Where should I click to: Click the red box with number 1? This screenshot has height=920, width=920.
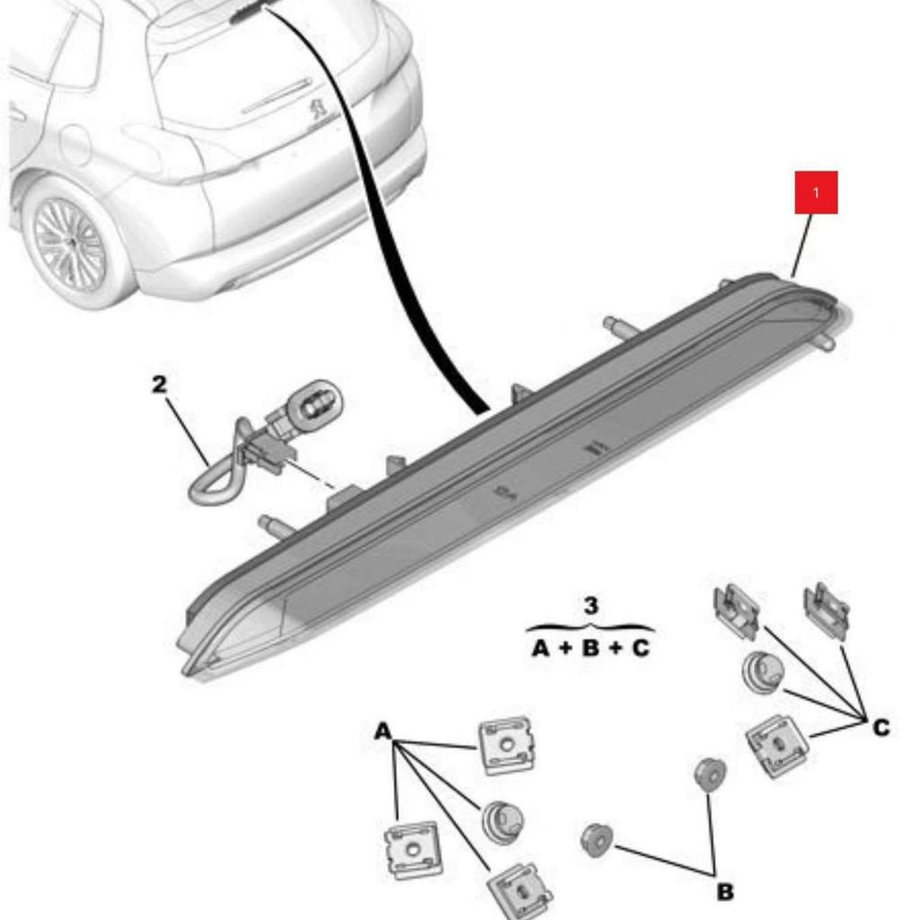pos(816,192)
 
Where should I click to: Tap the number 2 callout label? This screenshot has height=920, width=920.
pos(159,385)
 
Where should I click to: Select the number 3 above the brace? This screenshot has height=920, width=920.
pos(590,606)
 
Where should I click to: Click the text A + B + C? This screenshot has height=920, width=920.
pos(590,647)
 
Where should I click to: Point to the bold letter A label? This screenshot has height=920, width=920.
pos(384,731)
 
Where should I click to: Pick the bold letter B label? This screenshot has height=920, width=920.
pos(725,891)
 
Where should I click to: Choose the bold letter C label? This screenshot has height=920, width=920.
pos(880,727)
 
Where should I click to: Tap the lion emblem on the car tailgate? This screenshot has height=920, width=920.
pos(318,111)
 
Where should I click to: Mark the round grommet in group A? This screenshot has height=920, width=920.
pos(501,819)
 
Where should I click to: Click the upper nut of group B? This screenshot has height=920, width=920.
pos(710,774)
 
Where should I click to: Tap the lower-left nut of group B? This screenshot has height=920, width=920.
pos(597,840)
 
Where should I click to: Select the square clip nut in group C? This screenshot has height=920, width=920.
pos(776,745)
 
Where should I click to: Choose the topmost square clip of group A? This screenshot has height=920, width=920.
pos(507,745)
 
